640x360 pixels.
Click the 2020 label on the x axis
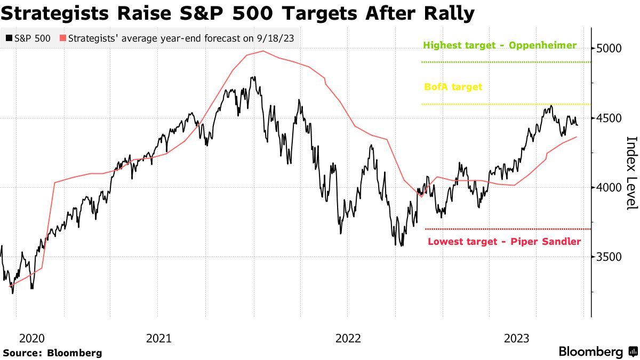coord(31,338)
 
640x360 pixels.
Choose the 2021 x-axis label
coord(158,338)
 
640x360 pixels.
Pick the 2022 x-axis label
coord(348,338)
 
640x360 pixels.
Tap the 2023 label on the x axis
coord(516,338)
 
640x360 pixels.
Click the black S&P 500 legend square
coord(9,38)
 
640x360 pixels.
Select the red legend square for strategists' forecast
coord(63,38)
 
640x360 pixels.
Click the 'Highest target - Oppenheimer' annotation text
coord(500,45)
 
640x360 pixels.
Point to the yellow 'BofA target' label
coord(453,86)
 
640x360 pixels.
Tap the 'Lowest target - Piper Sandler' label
coord(504,242)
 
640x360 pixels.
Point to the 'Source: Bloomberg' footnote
coord(52,353)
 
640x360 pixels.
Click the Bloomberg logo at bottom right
coord(597,352)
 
